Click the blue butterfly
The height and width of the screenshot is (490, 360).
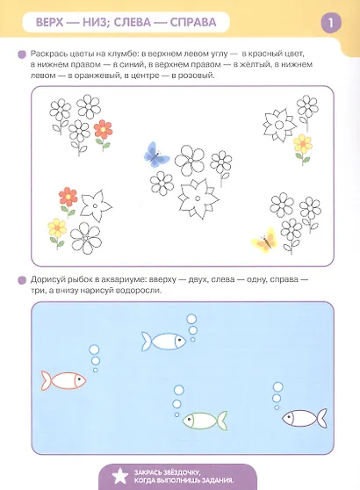(x=156, y=155)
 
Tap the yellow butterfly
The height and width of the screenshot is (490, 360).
(x=265, y=240)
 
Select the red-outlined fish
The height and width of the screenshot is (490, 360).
(x=63, y=380)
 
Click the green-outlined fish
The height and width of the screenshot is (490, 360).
(x=205, y=421)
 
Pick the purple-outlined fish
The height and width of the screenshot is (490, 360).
(x=305, y=418)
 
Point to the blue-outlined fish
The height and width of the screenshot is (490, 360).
(x=163, y=341)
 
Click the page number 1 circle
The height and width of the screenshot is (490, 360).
(x=331, y=23)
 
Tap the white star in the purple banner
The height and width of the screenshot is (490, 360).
(x=120, y=477)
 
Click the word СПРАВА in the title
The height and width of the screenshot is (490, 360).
(x=193, y=23)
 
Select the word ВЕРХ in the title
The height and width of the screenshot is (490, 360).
(x=50, y=23)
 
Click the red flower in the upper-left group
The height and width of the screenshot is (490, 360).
(x=103, y=133)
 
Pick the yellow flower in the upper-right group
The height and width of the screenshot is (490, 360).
(x=303, y=149)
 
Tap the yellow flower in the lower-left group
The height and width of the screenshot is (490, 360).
(x=57, y=234)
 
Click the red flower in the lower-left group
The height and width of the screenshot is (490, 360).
(x=68, y=202)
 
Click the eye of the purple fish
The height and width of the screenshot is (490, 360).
(x=290, y=416)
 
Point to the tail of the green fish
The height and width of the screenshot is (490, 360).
(x=222, y=421)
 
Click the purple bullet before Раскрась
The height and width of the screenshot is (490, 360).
(x=22, y=55)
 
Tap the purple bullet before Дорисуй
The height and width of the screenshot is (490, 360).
(x=22, y=280)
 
